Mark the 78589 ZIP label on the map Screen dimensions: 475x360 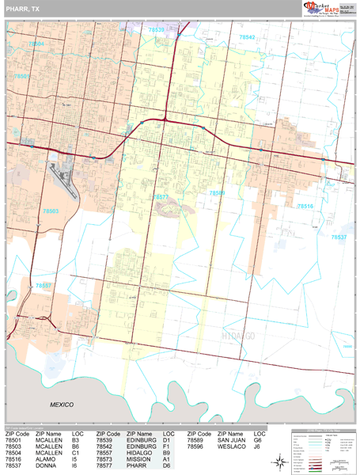coord(217,192)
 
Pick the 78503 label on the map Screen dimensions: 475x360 coord(51,211)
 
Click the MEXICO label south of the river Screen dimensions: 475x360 coord(62,405)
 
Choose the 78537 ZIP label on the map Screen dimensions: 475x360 coord(339,237)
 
